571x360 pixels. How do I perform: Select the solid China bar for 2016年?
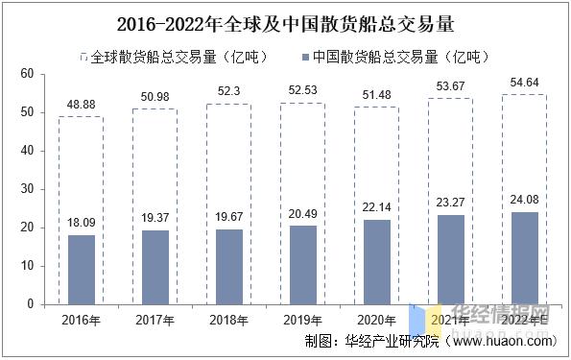81,270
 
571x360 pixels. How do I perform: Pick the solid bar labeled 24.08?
524,258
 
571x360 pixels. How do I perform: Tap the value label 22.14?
376,207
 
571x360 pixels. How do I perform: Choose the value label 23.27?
450,203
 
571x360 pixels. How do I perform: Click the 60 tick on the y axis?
27,75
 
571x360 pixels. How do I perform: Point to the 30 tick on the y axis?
27,189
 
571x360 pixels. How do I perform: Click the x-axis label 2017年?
155,320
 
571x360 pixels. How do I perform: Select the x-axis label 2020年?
376,320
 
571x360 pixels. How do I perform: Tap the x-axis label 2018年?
228,320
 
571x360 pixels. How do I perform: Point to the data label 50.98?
155,95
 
